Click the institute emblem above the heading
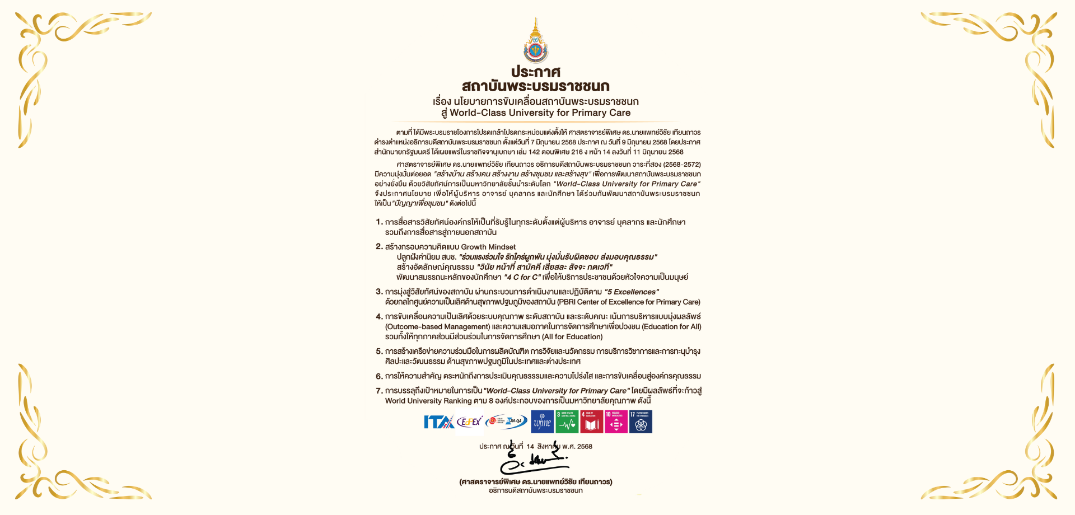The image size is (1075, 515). coord(536,41)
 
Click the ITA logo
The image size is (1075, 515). coord(438,422)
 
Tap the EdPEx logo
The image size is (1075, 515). coord(469,422)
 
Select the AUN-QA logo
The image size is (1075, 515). coord(506,421)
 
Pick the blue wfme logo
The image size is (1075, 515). coord(542,422)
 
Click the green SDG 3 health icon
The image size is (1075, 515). coord(567,422)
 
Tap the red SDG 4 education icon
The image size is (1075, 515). coord(591,422)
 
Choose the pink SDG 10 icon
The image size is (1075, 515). coord(616,422)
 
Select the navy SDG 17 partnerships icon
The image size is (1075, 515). coord(641,422)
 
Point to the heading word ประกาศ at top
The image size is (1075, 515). coord(536,72)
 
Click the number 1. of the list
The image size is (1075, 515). coord(379,222)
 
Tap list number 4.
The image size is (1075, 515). coord(379,317)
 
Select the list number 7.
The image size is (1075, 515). coord(379,391)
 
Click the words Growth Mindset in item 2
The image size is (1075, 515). coord(488,247)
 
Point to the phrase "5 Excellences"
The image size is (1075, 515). coord(632,292)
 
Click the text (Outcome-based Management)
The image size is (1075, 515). coord(437,327)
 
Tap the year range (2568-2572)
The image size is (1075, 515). coord(681,165)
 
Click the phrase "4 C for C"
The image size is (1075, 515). coord(522,277)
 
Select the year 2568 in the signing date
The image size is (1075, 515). coord(585,447)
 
